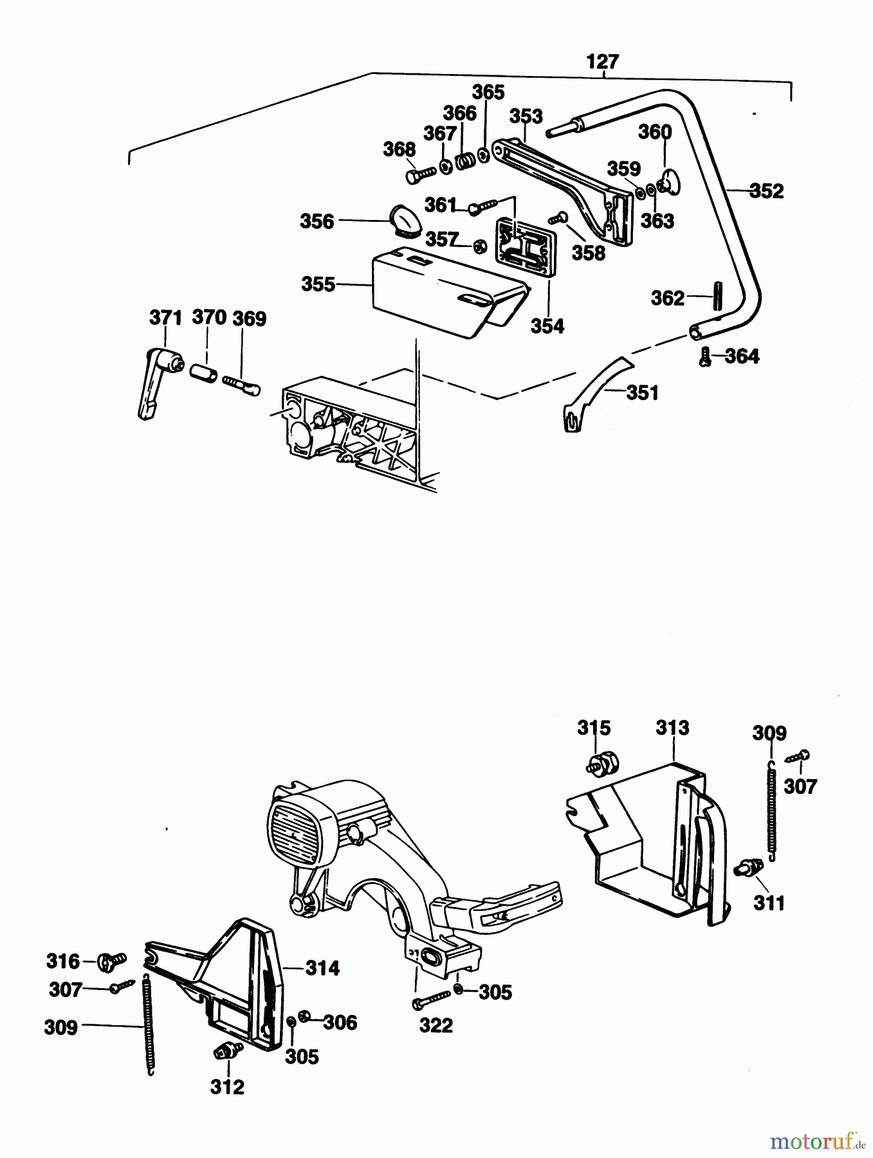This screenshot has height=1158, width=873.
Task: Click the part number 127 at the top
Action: tap(602, 62)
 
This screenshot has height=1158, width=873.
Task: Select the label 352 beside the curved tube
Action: tap(766, 191)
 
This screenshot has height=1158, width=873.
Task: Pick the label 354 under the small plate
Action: tap(547, 326)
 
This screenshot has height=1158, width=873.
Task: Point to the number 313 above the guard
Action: tap(672, 728)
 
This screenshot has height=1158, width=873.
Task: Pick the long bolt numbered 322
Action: tap(432, 999)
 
